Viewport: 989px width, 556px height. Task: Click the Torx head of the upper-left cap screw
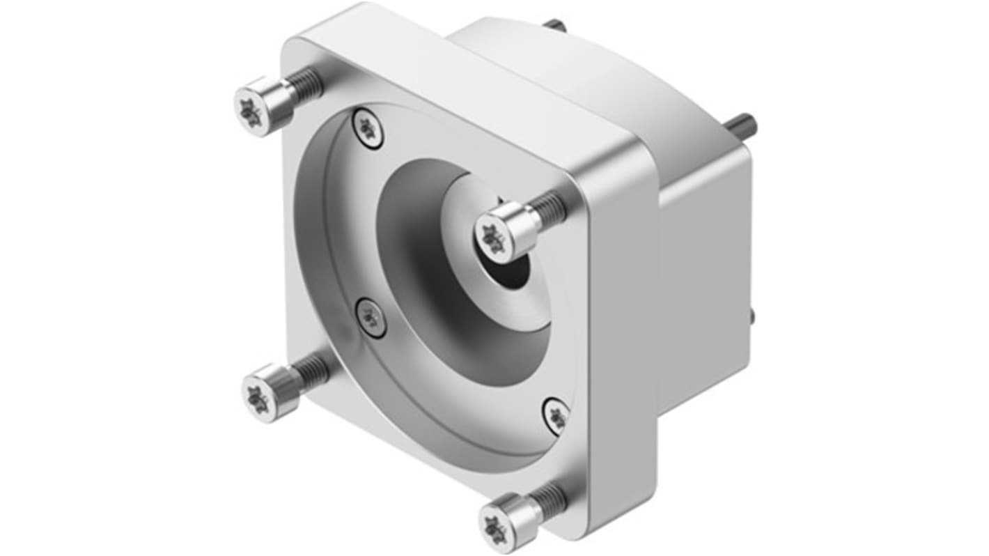[x=248, y=111]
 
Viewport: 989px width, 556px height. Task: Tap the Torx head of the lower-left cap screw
[x=258, y=399]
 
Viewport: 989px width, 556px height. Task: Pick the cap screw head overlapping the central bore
[x=494, y=238]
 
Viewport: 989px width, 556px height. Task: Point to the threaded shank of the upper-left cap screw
[x=305, y=85]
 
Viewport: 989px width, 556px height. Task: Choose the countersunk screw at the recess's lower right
[x=556, y=416]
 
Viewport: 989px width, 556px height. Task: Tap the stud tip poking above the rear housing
[x=554, y=25]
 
